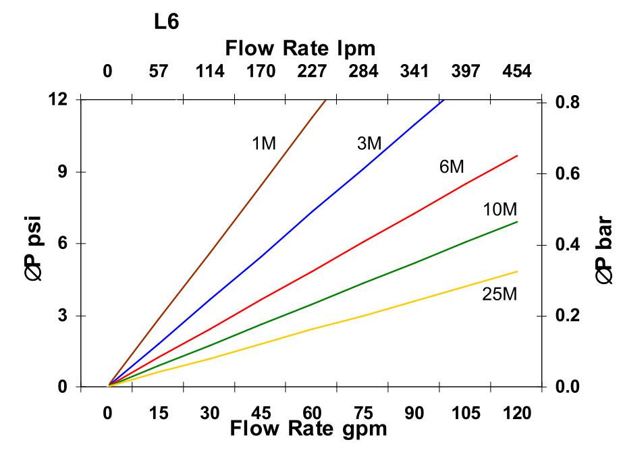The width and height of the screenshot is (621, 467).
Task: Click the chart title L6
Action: (x=166, y=22)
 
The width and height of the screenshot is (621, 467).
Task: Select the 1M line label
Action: (x=264, y=143)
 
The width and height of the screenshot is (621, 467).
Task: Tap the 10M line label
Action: (x=500, y=209)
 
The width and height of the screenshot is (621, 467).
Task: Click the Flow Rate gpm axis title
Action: (x=308, y=429)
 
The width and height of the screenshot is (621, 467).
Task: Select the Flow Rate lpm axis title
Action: (x=300, y=49)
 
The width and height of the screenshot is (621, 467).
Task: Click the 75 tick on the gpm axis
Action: (x=364, y=412)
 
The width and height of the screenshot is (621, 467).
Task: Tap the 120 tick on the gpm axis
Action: (x=517, y=412)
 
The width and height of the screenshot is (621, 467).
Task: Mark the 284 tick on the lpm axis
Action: (x=364, y=71)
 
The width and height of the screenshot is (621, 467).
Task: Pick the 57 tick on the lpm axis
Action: (x=158, y=71)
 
